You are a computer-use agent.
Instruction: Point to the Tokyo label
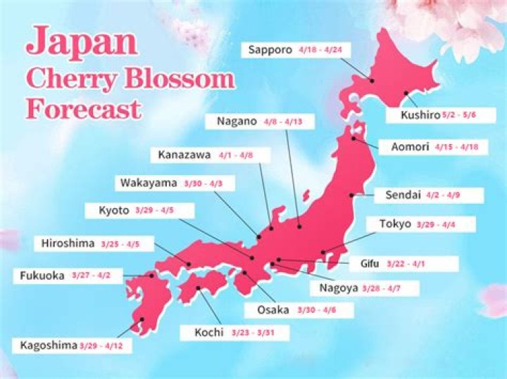[x=394, y=224]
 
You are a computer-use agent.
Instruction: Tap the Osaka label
[x=273, y=310]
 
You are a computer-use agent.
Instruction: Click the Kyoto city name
[x=114, y=210]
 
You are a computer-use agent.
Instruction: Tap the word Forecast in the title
[x=83, y=109]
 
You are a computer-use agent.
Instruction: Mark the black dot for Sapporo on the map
[x=373, y=81]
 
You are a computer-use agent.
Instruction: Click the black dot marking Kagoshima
[x=142, y=320]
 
